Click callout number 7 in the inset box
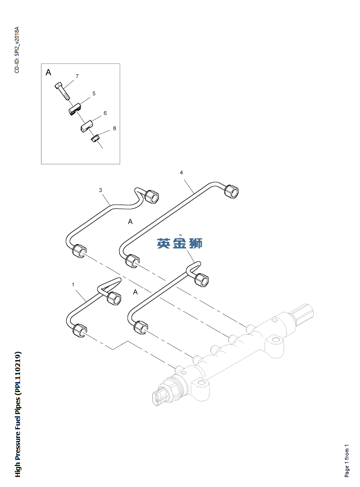tap(77, 76)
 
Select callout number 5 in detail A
tap(94, 94)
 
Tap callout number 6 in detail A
tap(105, 113)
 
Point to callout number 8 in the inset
tap(114, 128)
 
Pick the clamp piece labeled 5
tap(73, 110)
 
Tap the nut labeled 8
tap(95, 138)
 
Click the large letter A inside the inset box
tap(48, 73)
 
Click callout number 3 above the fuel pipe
tap(101, 190)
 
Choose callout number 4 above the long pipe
tap(181, 172)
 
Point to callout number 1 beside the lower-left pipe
tap(73, 285)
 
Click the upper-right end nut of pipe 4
tap(232, 190)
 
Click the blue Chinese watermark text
tap(180, 243)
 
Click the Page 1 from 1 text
tap(347, 460)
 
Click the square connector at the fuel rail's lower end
tap(160, 398)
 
